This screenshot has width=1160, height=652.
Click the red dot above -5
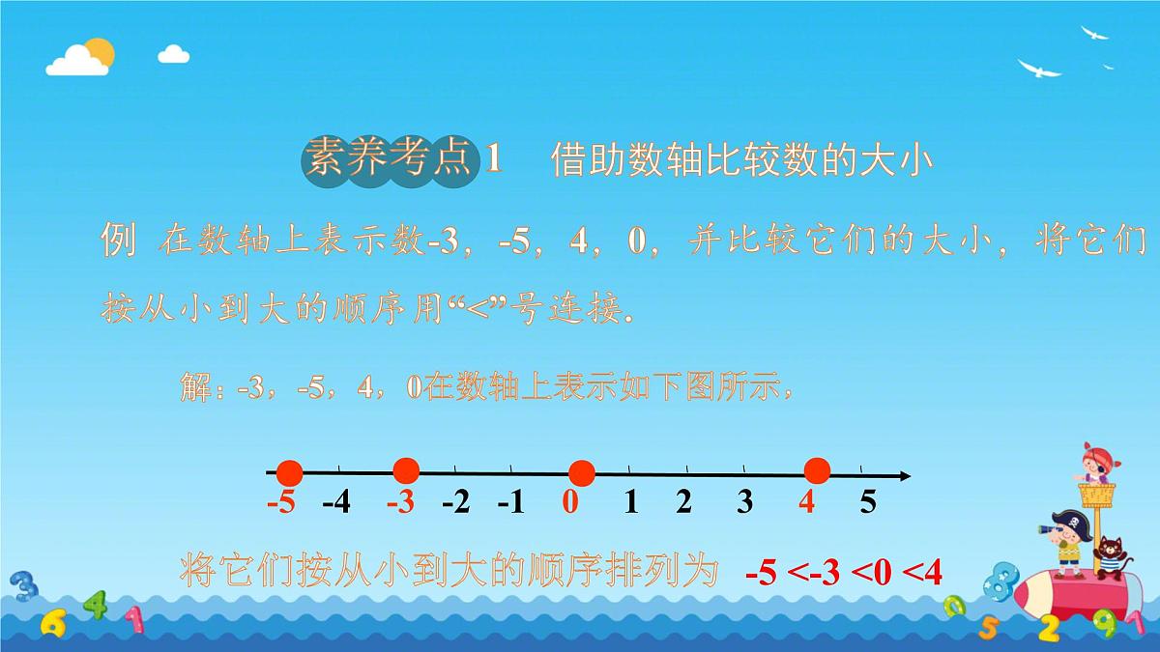click(x=290, y=473)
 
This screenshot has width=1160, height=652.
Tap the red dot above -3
click(x=407, y=470)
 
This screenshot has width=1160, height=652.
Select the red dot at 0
click(x=581, y=473)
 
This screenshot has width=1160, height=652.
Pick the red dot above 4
click(x=818, y=470)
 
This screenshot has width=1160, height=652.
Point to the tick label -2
click(x=455, y=502)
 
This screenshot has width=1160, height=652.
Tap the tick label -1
click(x=510, y=502)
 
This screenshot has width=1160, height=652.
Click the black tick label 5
click(x=867, y=502)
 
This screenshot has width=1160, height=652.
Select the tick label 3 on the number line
click(x=744, y=502)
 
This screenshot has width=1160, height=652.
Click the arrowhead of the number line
click(x=904, y=475)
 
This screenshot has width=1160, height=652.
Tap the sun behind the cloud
click(x=99, y=50)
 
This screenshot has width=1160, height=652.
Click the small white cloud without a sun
click(x=173, y=53)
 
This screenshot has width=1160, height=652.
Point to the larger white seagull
click(x=1039, y=68)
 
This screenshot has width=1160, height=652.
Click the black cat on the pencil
click(x=1108, y=556)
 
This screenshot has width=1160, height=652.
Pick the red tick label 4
click(x=806, y=502)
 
